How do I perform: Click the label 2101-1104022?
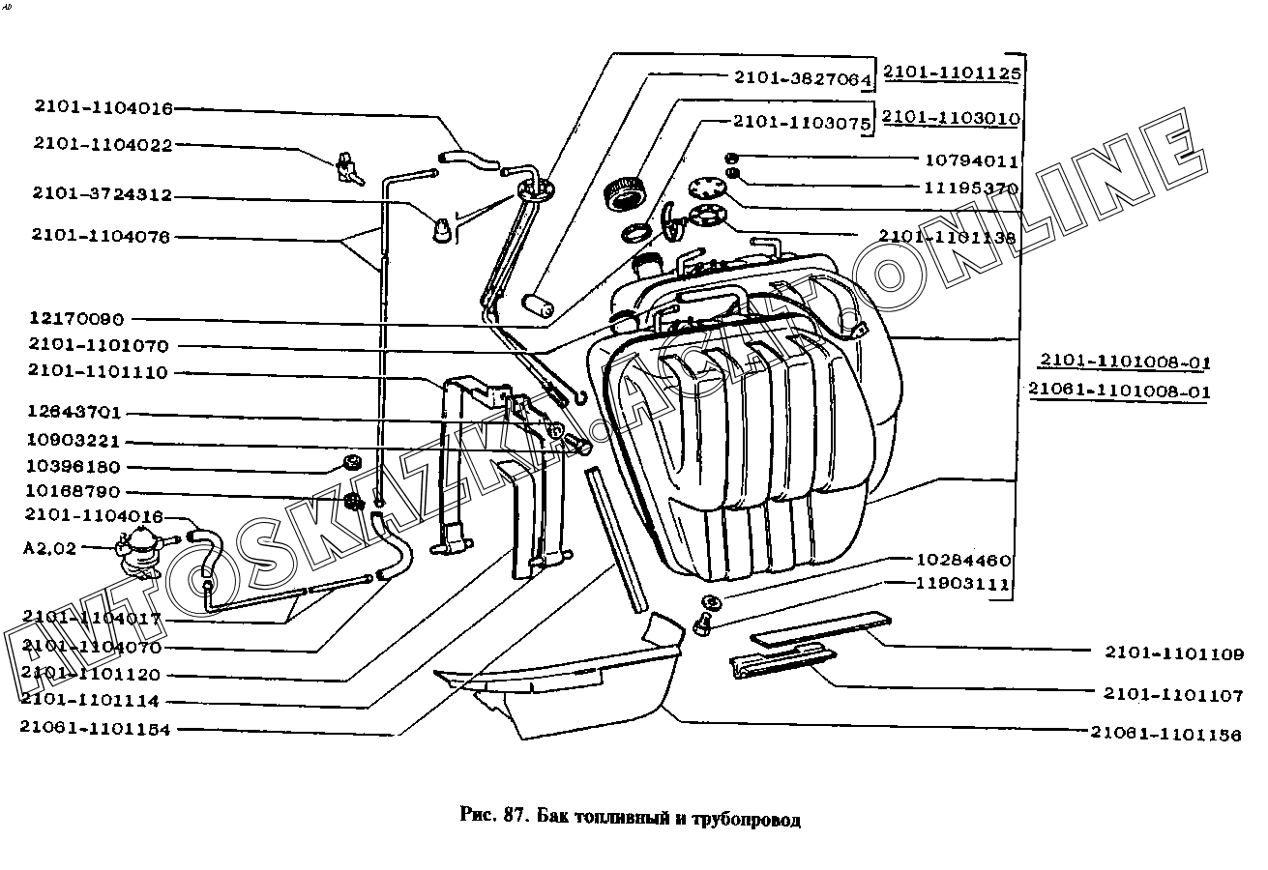(103, 144)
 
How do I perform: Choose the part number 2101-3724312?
(102, 194)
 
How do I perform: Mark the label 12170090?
(76, 320)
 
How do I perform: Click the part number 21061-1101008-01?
(1119, 391)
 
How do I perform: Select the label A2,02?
(48, 547)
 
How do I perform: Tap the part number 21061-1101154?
(95, 730)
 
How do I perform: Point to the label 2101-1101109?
(1174, 653)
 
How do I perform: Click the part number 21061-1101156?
(1165, 735)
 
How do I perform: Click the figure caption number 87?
(514, 820)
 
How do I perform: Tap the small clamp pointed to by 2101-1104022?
(347, 170)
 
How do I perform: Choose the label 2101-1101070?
(98, 345)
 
